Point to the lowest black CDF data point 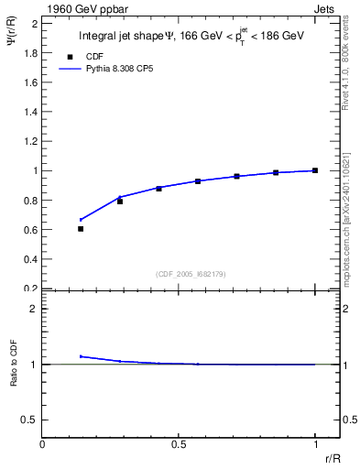tap(81, 229)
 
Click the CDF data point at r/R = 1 tap(315, 170)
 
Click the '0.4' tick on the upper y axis tap(31, 259)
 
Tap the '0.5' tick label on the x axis tap(179, 443)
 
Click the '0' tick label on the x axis tap(42, 443)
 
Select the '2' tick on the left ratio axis tap(34, 309)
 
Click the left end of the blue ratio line tap(81, 356)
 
